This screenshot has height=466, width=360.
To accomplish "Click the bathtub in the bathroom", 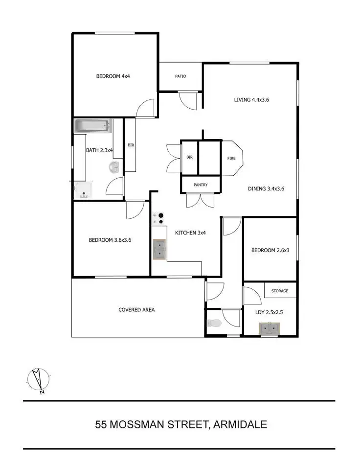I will click(93, 127).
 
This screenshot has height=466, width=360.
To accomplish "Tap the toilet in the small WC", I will click(214, 323).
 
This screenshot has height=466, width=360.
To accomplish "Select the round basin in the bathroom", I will click(114, 168).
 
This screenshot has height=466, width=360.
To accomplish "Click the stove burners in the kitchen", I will click(157, 218).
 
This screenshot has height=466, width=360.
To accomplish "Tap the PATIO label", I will click(180, 76).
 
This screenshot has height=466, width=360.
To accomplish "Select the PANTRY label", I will click(201, 185).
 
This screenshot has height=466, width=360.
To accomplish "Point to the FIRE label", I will click(231, 158).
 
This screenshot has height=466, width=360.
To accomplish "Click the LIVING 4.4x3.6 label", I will click(251, 99).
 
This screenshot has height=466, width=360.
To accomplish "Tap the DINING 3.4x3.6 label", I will click(266, 188).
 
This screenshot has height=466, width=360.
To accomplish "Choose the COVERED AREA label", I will click(136, 309).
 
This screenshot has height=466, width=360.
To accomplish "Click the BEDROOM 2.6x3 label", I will click(270, 251).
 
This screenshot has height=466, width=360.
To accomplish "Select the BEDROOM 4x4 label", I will click(112, 76).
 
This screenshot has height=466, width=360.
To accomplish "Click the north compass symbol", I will click(38, 380).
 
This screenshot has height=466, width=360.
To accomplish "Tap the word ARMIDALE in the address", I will click(240, 424).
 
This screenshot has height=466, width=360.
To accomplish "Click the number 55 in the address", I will click(101, 424).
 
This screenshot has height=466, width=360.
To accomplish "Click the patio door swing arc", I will click(186, 99).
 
